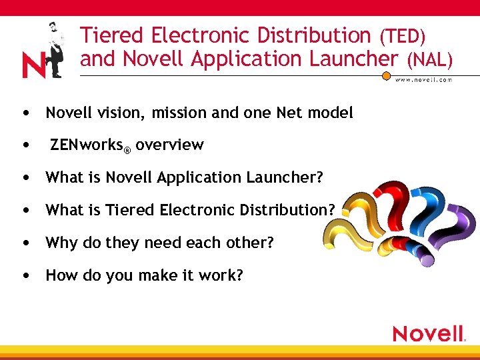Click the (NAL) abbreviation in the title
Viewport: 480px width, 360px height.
click(x=430, y=60)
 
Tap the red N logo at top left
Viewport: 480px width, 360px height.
click(x=33, y=65)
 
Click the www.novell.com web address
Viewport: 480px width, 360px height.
click(x=424, y=79)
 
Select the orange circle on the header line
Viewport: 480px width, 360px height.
click(x=386, y=76)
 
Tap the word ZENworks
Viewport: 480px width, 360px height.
click(x=86, y=145)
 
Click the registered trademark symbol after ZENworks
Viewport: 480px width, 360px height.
click(x=127, y=149)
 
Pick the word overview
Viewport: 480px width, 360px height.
click(x=169, y=145)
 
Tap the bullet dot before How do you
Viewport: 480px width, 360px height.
click(x=25, y=274)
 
